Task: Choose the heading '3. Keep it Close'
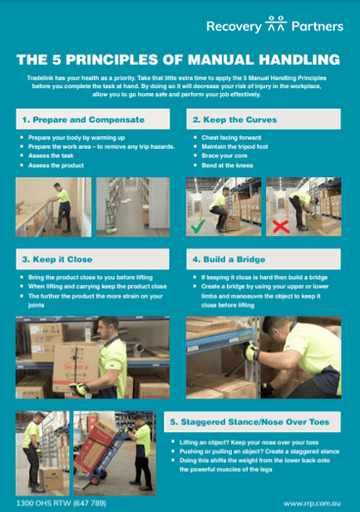pyautogui.click(x=52, y=261)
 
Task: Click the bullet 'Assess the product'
pyautogui.click(x=60, y=168)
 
